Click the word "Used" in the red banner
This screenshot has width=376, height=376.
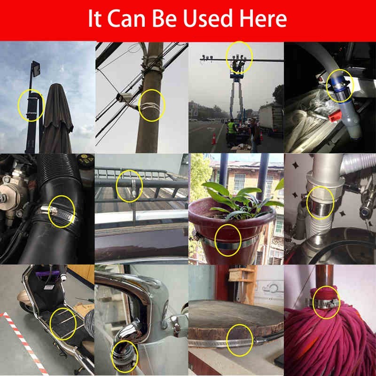click(x=208, y=18)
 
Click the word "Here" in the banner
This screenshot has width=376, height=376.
click(x=263, y=18)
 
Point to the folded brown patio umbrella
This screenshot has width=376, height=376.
click(x=57, y=119)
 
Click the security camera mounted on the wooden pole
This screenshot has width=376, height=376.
click(x=124, y=98)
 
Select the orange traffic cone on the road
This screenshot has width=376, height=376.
click(x=214, y=139)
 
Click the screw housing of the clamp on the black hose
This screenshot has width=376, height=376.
click(x=53, y=211)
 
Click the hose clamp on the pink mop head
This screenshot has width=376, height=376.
click(x=324, y=303)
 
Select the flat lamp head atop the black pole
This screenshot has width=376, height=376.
click(x=36, y=69)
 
